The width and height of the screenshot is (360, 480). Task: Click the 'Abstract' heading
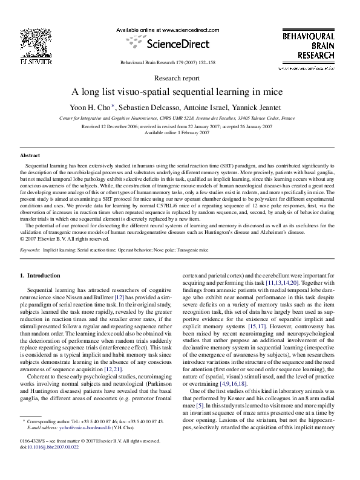point(30,155)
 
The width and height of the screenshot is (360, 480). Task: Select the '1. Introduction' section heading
point(41,276)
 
